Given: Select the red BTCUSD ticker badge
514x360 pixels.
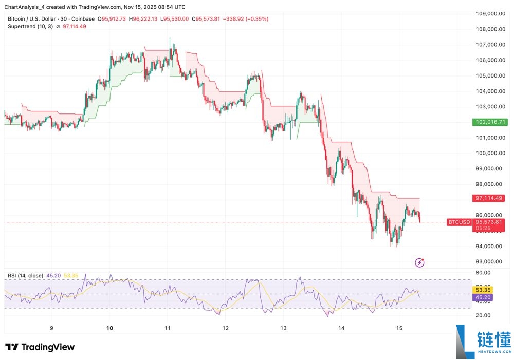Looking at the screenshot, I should click(459, 222).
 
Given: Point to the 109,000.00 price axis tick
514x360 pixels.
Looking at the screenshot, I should click(489, 14).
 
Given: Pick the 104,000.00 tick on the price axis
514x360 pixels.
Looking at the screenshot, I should click(489, 91).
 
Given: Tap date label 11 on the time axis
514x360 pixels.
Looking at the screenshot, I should click(167, 327).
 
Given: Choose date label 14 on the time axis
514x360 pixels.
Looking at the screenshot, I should click(341, 327).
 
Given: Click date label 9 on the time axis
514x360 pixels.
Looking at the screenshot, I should click(51, 327).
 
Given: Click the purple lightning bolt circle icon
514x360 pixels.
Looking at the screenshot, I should click(420, 263).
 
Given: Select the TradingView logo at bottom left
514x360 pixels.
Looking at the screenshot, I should click(40, 347).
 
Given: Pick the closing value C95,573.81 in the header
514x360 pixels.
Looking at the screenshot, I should click(213, 19).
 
